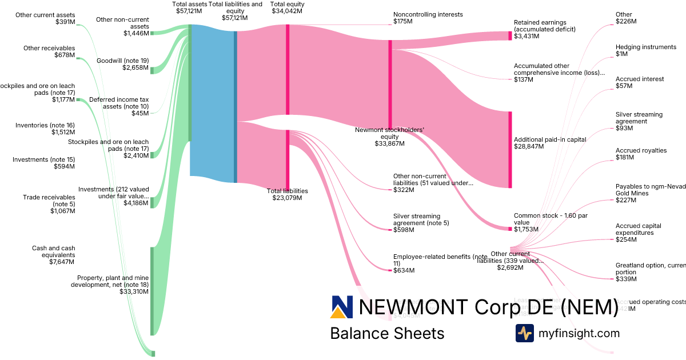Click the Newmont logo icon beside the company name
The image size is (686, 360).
[342, 307]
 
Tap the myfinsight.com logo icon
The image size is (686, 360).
[524, 333]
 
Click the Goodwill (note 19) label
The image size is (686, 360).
[122, 60]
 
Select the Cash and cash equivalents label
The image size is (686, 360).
[54, 251]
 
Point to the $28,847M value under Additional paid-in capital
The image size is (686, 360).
[528, 147]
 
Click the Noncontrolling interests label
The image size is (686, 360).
[428, 14]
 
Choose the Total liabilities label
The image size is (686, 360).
[287, 191]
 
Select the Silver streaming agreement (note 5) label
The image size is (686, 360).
[417, 219]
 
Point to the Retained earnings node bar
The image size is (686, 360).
[510, 35]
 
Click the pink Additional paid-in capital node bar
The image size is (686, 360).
[510, 149]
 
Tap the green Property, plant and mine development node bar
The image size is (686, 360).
[152, 291]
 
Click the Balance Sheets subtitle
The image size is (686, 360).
[387, 333]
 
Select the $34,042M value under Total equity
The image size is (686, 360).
[287, 11]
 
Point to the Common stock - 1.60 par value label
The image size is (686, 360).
[551, 219]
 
